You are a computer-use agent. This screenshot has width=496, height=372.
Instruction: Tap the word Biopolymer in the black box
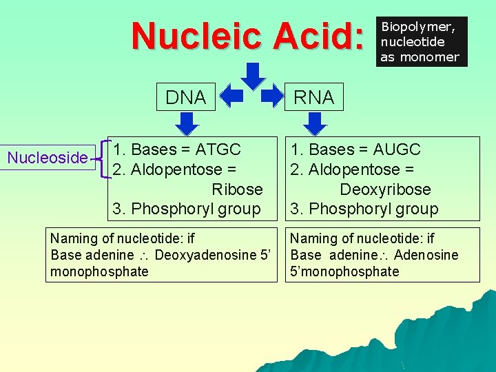click(418, 28)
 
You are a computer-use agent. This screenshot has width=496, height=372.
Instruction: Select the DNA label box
click(186, 97)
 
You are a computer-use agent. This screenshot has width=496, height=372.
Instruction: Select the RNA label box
click(314, 98)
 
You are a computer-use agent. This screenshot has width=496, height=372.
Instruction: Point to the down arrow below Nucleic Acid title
click(254, 75)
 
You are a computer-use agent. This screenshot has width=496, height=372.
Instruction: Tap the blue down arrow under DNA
click(186, 123)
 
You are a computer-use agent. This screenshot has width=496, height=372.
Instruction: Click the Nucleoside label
click(48, 158)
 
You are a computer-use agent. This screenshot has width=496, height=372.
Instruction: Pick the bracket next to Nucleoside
click(103, 158)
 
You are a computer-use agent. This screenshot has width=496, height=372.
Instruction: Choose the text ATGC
click(218, 149)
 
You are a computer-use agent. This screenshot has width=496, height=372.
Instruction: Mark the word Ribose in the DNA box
click(237, 189)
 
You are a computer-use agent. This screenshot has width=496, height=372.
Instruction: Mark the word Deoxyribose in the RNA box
click(384, 189)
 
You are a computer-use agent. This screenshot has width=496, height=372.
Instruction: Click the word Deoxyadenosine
click(205, 255)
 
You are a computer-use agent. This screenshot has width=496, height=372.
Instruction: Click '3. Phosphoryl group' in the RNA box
click(364, 209)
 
